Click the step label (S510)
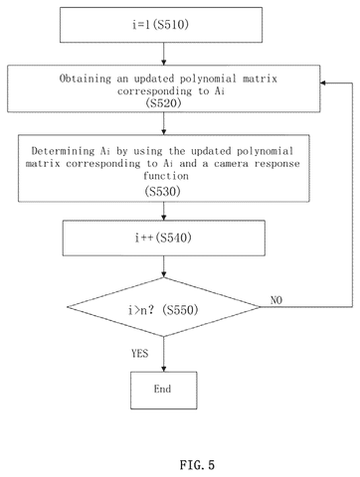[171, 25]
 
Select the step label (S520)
[163, 103]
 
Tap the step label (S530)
[162, 192]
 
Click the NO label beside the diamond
[276, 300]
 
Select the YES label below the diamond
[139, 354]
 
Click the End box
[164, 391]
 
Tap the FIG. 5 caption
[197, 465]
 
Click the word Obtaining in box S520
[86, 79]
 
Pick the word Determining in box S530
[63, 151]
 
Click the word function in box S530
[166, 176]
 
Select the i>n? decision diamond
[164, 307]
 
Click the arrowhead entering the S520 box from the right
[323, 82]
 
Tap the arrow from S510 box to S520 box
[164, 54]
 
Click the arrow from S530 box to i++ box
[164, 211]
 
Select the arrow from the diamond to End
[164, 354]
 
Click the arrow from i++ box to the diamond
[164, 266]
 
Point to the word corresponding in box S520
[154, 91]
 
